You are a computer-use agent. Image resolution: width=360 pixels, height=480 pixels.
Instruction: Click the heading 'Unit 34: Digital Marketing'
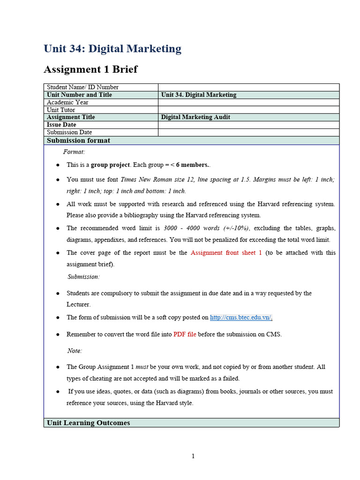click(112, 49)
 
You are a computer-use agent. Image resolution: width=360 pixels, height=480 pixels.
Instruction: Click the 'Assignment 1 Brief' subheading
click(90, 69)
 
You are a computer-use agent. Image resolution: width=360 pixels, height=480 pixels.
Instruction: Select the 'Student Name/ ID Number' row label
click(82, 87)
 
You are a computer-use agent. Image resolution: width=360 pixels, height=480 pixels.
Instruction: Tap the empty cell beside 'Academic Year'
click(248, 102)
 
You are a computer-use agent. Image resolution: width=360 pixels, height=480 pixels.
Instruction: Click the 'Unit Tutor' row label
click(61, 110)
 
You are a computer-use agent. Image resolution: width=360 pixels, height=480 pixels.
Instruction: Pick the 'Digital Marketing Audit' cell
click(195, 117)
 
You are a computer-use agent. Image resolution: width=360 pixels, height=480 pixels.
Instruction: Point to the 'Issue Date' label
click(61, 125)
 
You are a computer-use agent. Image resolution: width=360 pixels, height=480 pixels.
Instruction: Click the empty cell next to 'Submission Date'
click(248, 132)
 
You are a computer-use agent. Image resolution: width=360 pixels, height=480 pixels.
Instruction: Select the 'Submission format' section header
click(79, 141)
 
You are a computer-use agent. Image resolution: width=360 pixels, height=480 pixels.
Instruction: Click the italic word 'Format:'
click(74, 152)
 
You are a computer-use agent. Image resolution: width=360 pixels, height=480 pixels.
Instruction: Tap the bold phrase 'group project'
click(110, 165)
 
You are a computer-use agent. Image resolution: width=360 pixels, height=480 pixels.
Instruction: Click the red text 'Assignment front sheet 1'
click(226, 253)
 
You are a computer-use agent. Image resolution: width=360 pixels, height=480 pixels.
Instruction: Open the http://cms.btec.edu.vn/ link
click(241, 317)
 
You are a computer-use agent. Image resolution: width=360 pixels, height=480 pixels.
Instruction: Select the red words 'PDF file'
click(185, 334)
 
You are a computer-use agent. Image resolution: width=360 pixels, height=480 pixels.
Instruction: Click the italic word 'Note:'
click(75, 351)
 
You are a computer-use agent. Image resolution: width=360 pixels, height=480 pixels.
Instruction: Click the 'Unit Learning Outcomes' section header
click(88, 423)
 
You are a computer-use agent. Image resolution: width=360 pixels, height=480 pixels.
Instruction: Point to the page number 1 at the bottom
click(193, 457)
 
